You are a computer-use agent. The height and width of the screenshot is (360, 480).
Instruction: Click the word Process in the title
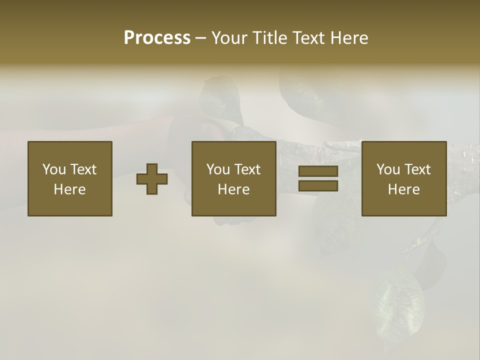tap(157, 38)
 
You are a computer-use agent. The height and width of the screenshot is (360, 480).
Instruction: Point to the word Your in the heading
tap(227, 38)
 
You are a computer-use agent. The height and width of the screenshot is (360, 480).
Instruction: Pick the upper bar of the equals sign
tap(318, 171)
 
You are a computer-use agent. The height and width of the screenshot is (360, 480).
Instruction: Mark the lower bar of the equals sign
tap(318, 185)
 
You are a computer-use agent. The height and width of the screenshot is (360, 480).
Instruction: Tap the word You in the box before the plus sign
tap(54, 169)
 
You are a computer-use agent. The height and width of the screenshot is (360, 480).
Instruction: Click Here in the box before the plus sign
tap(69, 189)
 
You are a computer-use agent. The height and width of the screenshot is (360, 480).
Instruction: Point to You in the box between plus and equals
tap(218, 169)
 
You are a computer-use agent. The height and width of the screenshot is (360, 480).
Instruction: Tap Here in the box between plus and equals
tap(233, 189)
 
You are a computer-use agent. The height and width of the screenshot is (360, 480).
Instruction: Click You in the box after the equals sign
tap(388, 169)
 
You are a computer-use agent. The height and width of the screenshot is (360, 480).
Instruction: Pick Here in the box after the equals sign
tap(403, 189)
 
